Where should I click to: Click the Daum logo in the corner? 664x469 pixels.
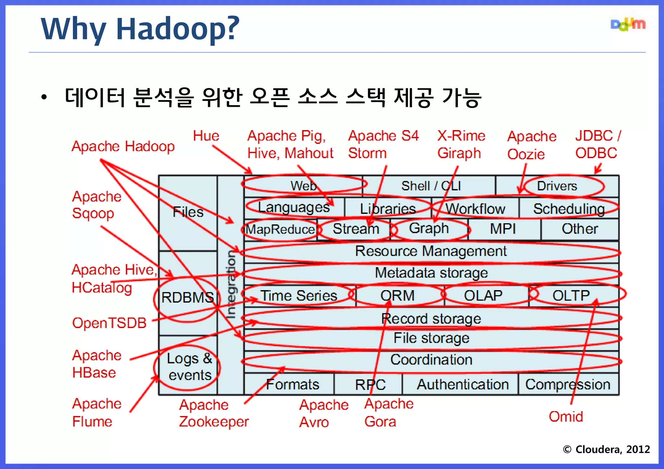pos(628,25)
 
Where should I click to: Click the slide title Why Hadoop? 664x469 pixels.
pos(140,29)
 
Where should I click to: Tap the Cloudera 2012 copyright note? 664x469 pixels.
pos(606,449)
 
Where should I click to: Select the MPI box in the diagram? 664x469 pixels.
pos(503,229)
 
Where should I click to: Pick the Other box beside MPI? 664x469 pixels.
pos(580,229)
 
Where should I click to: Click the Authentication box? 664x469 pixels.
pos(462,385)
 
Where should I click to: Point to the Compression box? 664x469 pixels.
pos(568,385)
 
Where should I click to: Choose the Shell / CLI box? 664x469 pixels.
pos(431,186)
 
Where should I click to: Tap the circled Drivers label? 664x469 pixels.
pos(557,186)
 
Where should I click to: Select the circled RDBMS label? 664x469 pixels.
pos(187,297)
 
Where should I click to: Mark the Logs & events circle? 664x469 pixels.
pos(189,367)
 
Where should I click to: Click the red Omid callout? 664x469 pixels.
pos(566,416)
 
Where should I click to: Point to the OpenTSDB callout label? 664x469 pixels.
pos(109,323)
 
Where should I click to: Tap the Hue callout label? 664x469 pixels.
pos(206,136)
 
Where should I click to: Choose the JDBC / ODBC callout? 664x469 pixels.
pos(597,144)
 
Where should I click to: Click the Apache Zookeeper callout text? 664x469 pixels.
pos(214,413)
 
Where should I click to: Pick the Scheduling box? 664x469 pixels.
pos(569,209)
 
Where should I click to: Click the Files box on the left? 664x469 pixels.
pos(188,212)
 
